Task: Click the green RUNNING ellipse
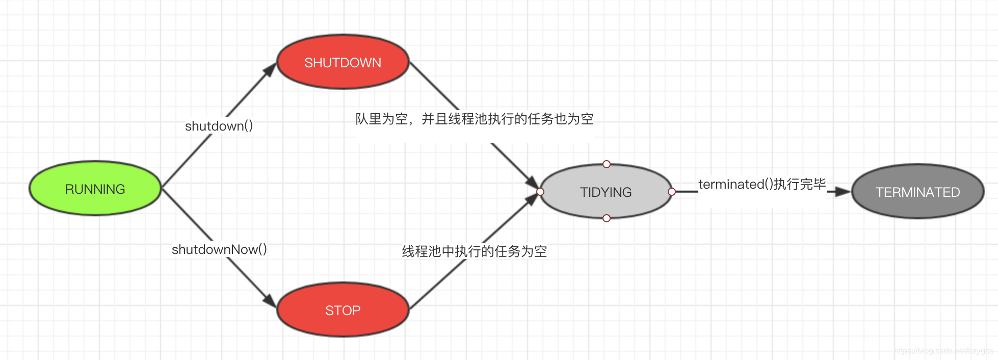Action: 95,189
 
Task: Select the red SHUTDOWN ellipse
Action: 343,62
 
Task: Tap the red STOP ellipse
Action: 343,310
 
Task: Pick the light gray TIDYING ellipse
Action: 606,192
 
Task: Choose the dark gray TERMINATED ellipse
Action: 917,192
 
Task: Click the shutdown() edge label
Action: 219,126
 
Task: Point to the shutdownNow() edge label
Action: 219,249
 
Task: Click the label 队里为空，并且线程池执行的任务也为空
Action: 474,119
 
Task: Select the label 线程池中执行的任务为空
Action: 474,251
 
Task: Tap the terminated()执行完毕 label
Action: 761,184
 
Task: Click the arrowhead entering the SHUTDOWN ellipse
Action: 270,70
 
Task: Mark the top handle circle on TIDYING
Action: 606,164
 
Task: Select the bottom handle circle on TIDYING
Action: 606,218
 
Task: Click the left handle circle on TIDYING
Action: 540,192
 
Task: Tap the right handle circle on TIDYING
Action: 672,192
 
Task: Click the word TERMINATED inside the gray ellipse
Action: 917,192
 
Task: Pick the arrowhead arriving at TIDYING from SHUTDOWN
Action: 533,183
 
